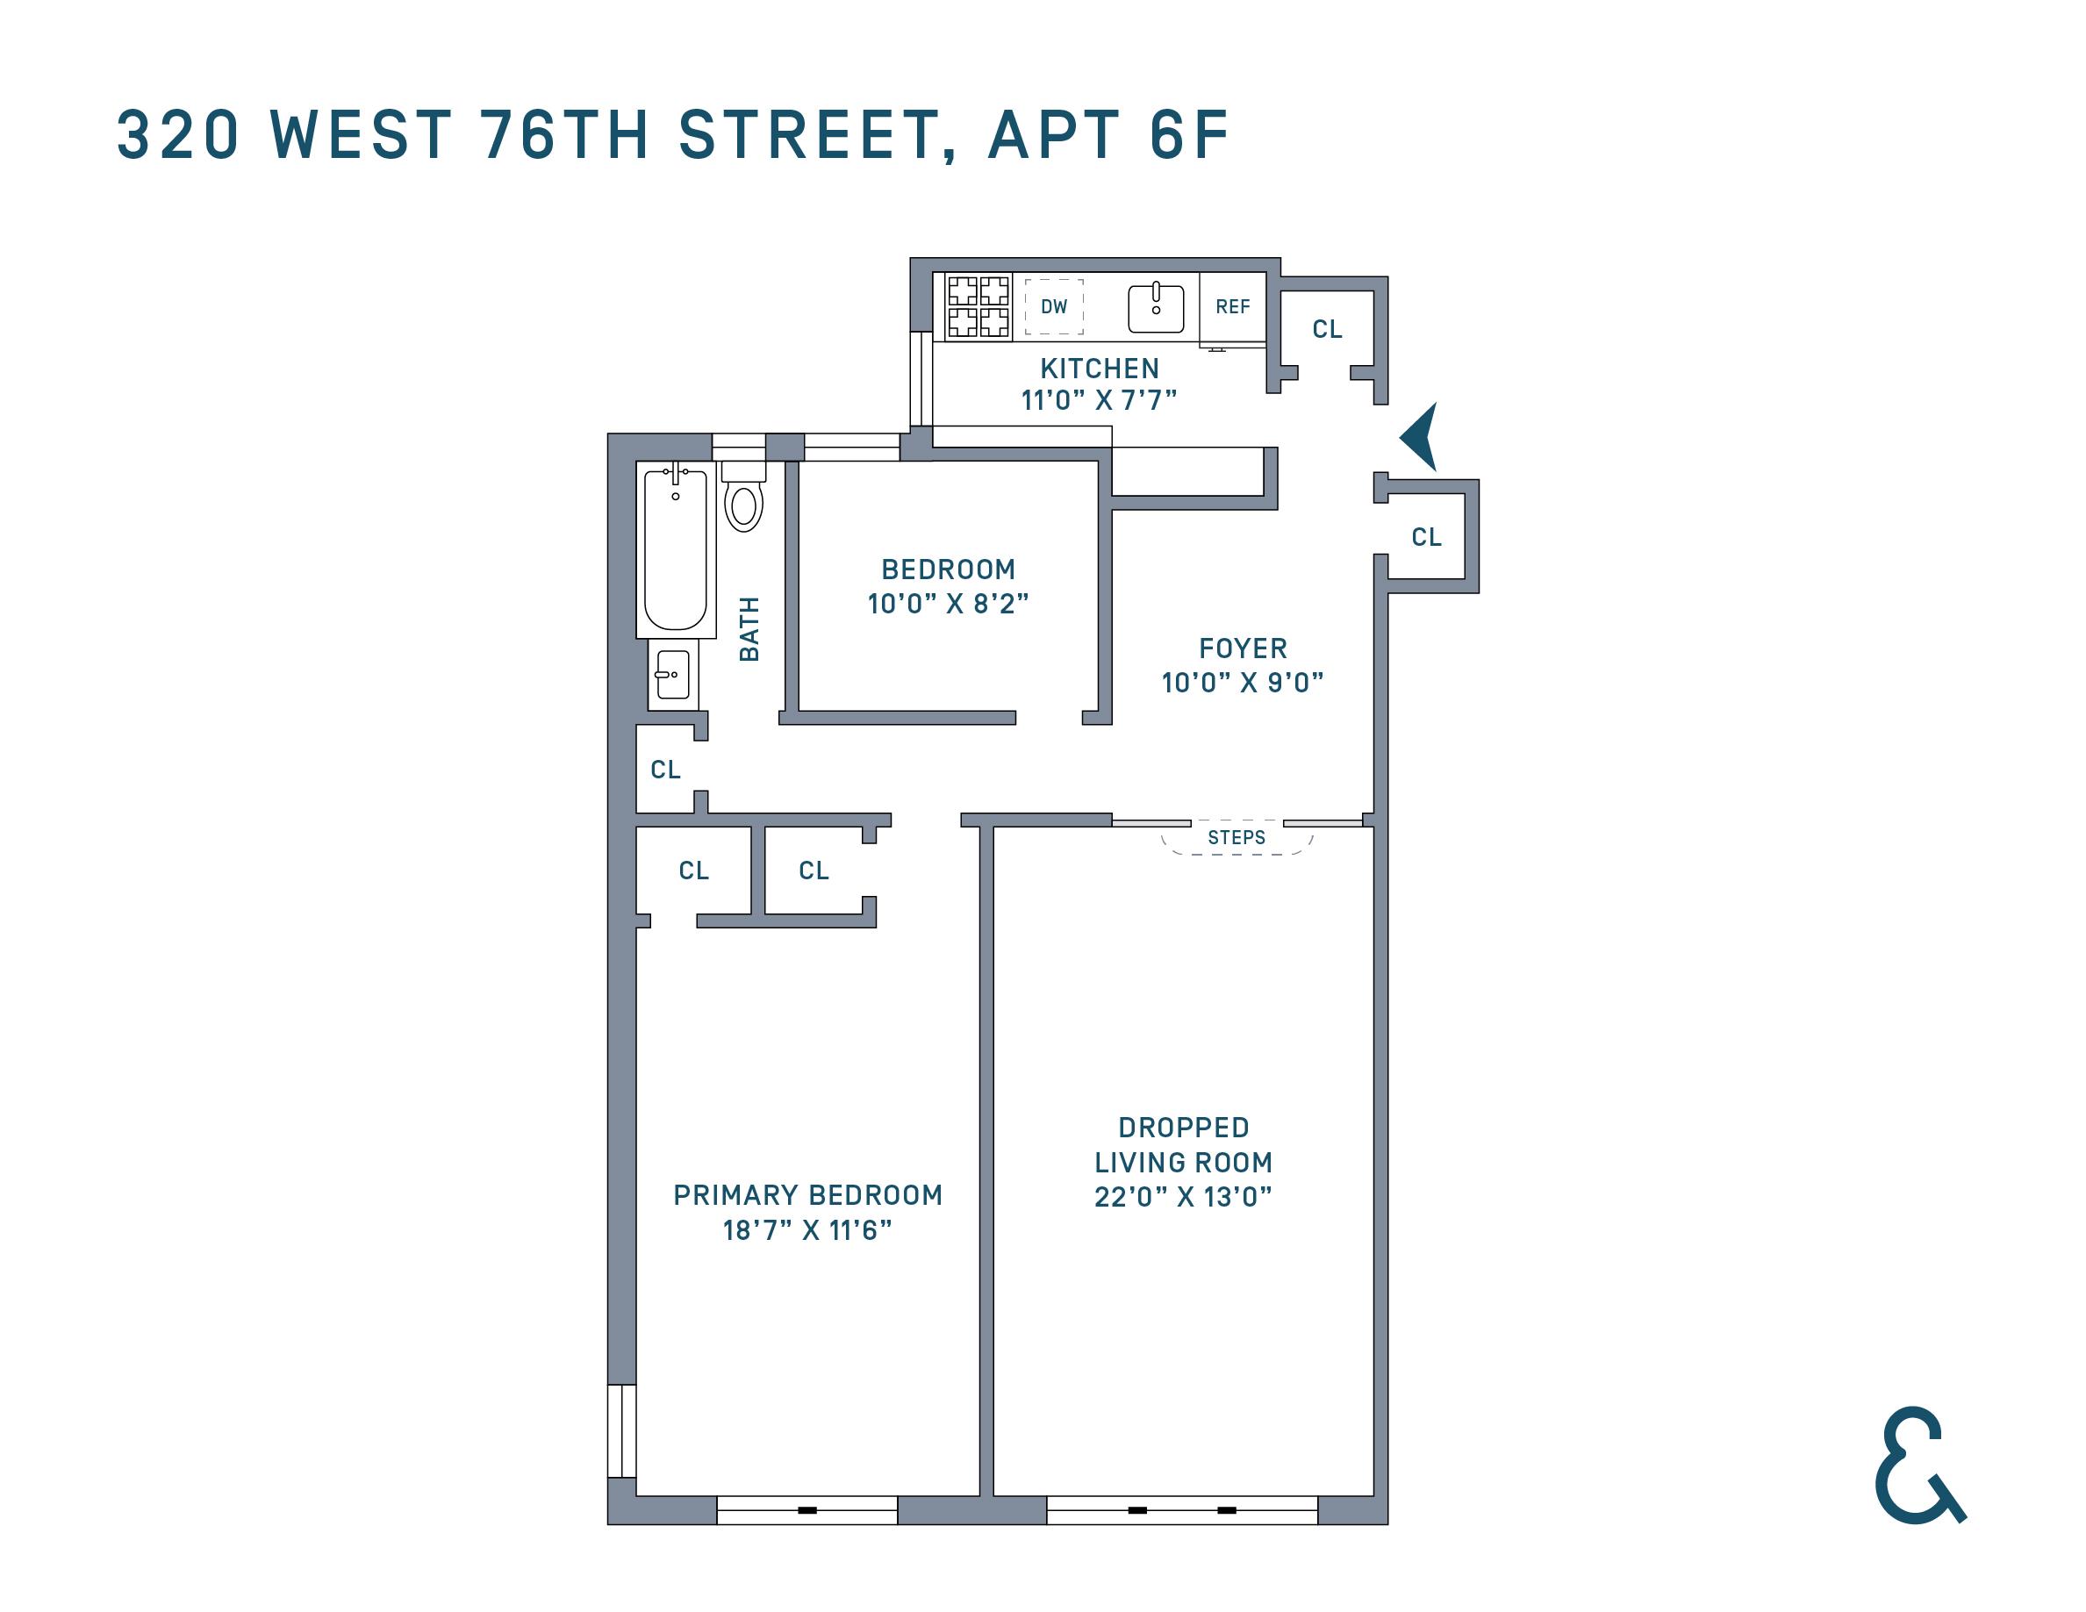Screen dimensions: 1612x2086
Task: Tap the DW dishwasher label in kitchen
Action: click(1053, 306)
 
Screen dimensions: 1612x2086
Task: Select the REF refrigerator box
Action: click(1232, 306)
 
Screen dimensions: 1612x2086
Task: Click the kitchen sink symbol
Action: click(1156, 307)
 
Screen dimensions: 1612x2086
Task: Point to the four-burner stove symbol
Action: click(978, 306)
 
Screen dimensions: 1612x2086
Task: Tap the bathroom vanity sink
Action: click(672, 675)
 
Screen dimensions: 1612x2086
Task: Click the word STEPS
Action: click(1236, 837)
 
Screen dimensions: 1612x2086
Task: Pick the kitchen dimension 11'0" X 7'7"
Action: click(1099, 400)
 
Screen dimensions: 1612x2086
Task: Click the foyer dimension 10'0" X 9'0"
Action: click(1242, 683)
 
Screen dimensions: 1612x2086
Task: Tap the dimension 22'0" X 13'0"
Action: click(1182, 1197)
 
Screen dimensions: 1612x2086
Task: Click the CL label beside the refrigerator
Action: click(1327, 329)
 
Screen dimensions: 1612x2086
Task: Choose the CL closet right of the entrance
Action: click(1426, 537)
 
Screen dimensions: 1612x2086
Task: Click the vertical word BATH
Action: click(749, 628)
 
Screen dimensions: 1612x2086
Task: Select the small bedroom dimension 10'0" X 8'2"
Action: click(948, 604)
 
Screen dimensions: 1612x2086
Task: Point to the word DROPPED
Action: click(1183, 1128)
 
